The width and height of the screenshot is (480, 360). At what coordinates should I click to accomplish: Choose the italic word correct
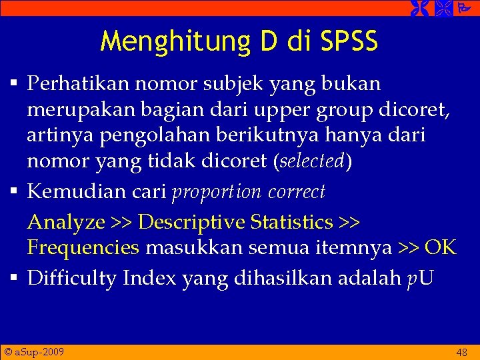(297, 192)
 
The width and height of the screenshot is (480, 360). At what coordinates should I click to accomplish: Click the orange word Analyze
(66, 221)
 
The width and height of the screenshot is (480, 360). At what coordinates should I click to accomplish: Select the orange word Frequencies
(83, 248)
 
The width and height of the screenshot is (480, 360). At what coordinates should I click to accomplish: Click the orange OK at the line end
(440, 248)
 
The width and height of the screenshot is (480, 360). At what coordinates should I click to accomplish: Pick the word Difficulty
(73, 277)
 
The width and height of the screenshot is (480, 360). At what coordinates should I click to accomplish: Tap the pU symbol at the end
(420, 278)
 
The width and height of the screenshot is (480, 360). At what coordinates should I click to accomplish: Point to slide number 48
(461, 352)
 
